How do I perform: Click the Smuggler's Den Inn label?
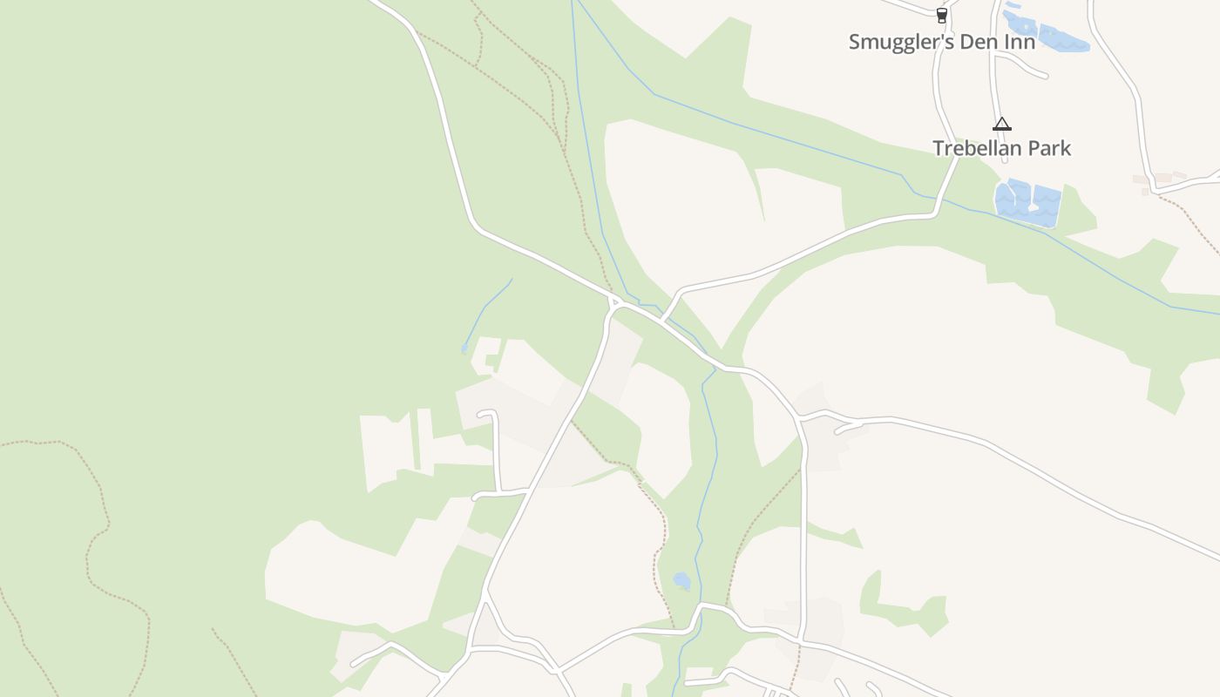coord(942,42)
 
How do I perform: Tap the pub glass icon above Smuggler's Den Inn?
coord(941,15)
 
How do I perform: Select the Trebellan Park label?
coord(1001,148)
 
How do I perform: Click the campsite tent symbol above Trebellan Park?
coord(1001,125)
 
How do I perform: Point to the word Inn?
coord(1020,42)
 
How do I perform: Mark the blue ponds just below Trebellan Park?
coord(1028,203)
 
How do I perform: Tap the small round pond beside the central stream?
coord(681,580)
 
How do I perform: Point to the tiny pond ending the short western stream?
coord(464,348)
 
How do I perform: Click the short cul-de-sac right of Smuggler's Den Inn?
coord(1028,65)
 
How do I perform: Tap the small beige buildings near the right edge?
coord(1159,180)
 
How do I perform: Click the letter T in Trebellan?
coord(939,148)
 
